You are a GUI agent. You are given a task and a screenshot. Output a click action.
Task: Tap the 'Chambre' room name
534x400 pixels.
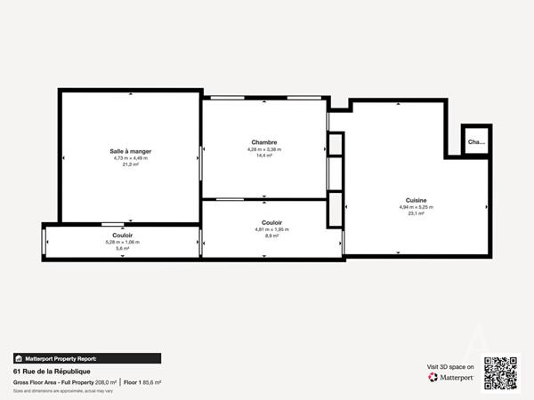263,142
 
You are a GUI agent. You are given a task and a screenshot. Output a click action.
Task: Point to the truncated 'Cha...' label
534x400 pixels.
476,141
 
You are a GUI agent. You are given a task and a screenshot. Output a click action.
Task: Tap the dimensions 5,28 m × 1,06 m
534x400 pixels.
124,242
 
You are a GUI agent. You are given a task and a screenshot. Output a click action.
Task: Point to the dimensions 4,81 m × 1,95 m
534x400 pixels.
272,229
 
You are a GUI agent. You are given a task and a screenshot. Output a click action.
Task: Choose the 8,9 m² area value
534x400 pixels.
272,236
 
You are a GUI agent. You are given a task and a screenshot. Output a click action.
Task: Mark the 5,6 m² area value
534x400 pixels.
124,249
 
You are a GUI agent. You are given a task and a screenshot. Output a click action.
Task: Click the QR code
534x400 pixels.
500,372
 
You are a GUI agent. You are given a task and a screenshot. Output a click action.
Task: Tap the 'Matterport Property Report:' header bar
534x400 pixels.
86,358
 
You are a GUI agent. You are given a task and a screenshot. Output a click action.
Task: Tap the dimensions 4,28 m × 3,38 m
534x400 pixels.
263,149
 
